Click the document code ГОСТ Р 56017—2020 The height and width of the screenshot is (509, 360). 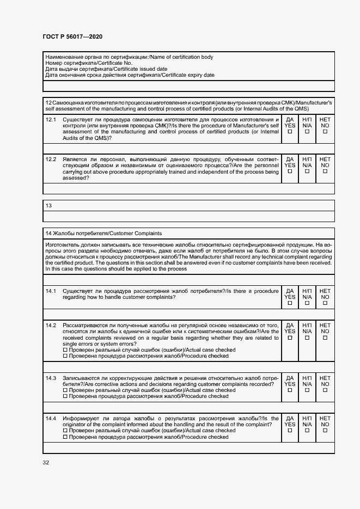coord(72,36)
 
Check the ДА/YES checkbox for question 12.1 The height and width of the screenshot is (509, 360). coord(290,132)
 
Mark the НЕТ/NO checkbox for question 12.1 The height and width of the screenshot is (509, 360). coord(325,132)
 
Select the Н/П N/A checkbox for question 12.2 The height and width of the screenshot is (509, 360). coord(307,171)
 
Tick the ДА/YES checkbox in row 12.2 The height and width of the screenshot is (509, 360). coord(290,171)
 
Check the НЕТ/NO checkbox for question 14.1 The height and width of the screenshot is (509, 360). coord(325,304)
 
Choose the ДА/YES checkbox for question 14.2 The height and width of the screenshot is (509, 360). coord(290,338)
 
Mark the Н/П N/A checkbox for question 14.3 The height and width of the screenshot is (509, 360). coord(307,390)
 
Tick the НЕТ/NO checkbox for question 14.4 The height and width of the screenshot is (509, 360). coord(325,431)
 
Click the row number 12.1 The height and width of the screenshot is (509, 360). coord(51,119)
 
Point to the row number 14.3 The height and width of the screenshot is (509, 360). coord(51,378)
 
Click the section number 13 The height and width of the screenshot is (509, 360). coord(49,205)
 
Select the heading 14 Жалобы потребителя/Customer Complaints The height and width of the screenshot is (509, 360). coord(103,234)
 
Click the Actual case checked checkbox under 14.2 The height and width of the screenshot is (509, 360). coord(65,350)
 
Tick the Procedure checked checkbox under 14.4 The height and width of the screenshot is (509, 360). coord(65,437)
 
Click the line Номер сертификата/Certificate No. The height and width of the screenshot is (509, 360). coord(89,63)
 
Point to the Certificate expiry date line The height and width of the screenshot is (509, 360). coord(130,75)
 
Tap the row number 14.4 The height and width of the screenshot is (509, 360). coord(51,418)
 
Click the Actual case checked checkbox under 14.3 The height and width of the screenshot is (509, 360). coord(65,390)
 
